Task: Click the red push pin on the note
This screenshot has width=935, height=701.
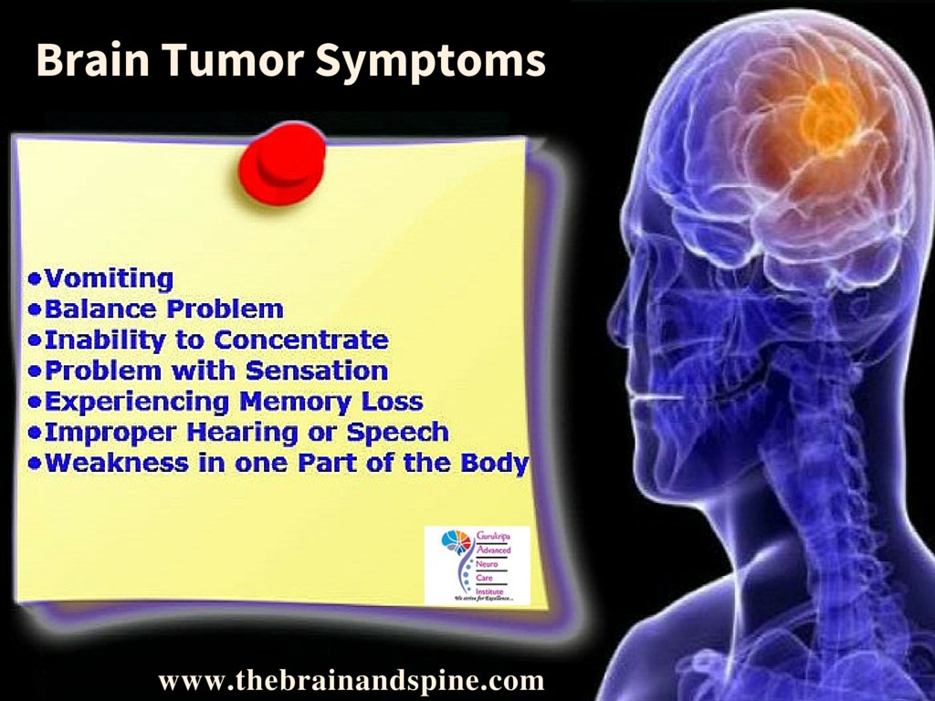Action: tap(280, 162)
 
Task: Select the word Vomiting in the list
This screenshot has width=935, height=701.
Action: tap(109, 277)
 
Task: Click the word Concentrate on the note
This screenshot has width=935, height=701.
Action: tap(301, 340)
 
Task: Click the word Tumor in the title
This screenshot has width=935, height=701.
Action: tap(232, 61)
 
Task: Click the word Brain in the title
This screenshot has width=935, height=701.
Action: tap(88, 60)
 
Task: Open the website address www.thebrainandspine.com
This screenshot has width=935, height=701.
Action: tap(351, 680)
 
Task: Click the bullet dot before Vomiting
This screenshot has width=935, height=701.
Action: tap(35, 277)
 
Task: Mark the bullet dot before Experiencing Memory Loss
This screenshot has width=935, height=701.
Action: tap(35, 401)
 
